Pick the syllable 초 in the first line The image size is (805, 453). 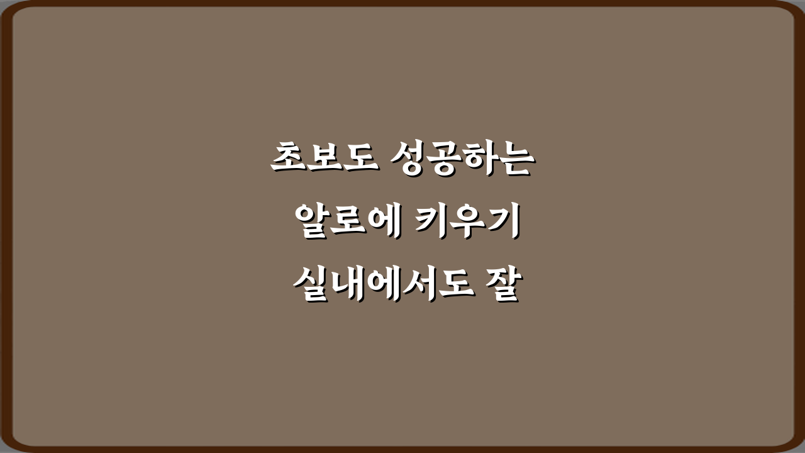(x=288, y=157)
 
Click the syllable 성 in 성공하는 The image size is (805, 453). (x=408, y=157)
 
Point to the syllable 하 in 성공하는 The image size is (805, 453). (x=480, y=157)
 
